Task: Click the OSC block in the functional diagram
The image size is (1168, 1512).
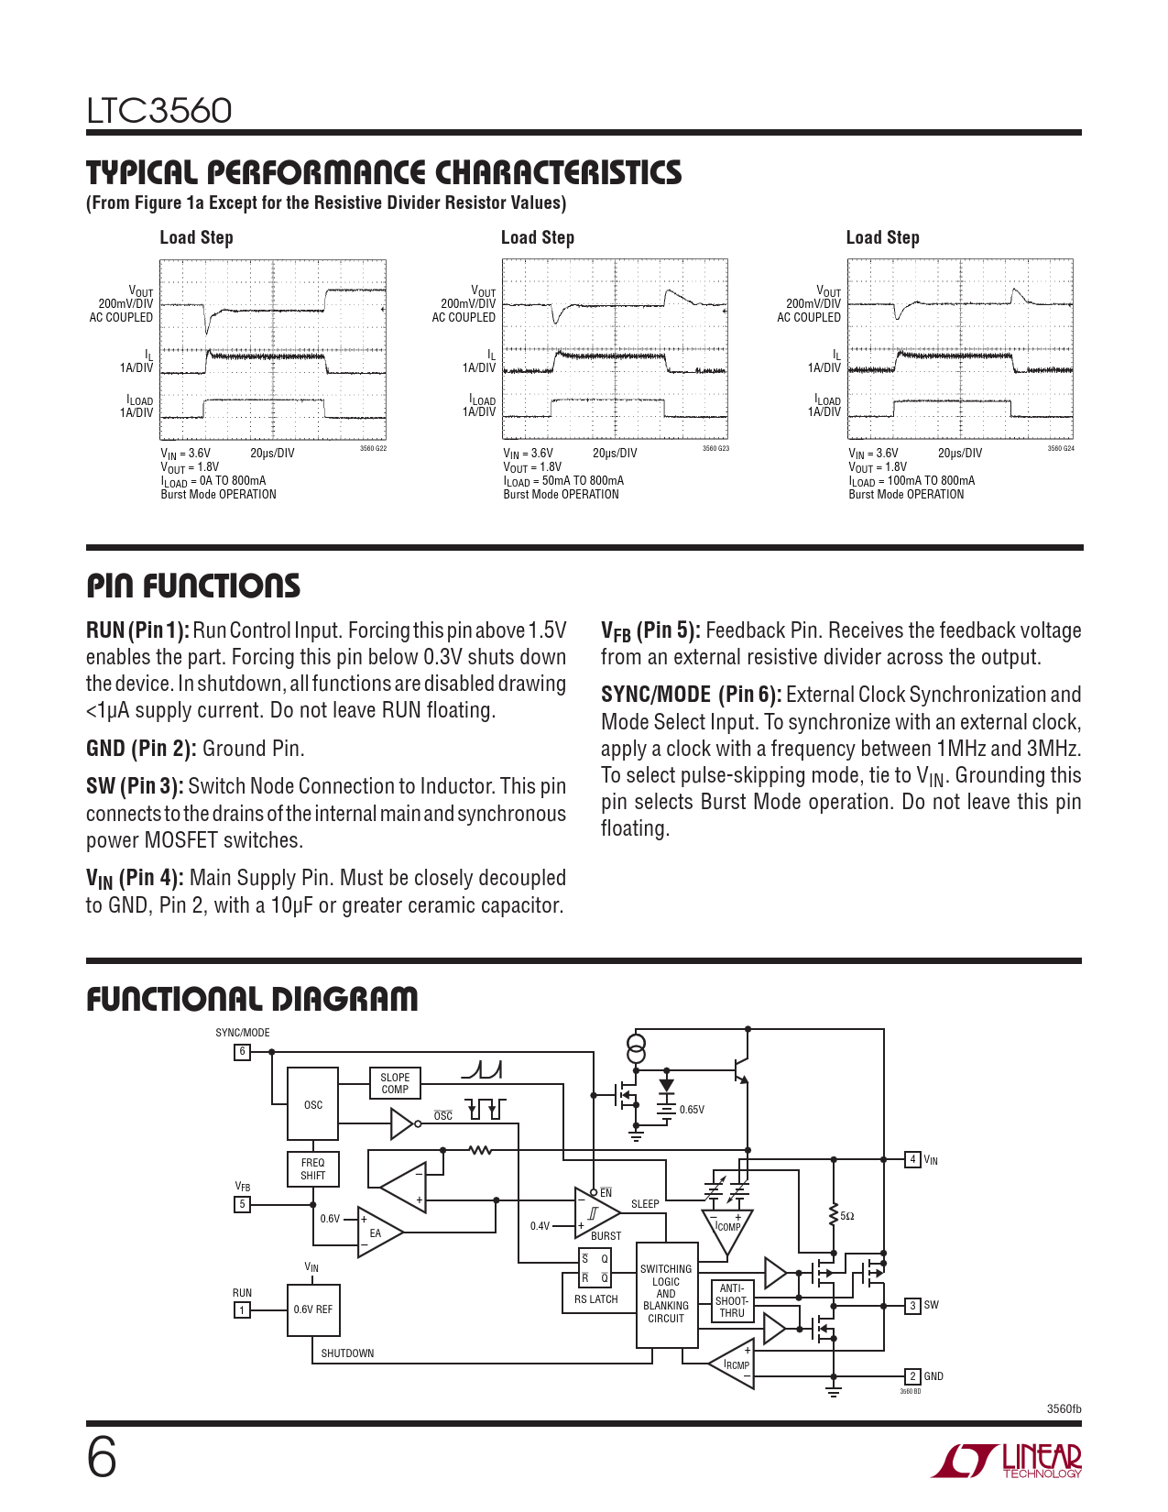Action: [x=313, y=1104]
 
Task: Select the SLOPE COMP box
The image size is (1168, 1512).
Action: [x=395, y=1083]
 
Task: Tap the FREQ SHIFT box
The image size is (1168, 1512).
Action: [x=313, y=1168]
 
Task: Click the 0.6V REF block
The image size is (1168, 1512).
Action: [x=313, y=1309]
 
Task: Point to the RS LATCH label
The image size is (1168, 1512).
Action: [x=596, y=1299]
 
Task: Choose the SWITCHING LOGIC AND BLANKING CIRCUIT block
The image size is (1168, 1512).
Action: [x=666, y=1294]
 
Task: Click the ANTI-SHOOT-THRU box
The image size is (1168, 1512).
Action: [x=732, y=1300]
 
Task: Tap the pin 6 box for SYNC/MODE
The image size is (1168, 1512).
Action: [x=243, y=1052]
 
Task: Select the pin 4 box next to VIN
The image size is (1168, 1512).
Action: [x=912, y=1160]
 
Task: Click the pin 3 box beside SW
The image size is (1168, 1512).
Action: [x=912, y=1305]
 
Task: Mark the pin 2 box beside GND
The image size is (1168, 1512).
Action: [x=912, y=1376]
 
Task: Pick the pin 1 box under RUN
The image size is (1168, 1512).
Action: [x=243, y=1310]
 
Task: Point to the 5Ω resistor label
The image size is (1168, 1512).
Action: [x=847, y=1216]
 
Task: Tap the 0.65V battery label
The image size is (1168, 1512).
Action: [x=693, y=1110]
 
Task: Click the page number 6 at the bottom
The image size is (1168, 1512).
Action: [x=102, y=1458]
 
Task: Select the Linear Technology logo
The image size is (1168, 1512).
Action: [x=1007, y=1461]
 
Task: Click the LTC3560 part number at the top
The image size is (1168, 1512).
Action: [x=159, y=111]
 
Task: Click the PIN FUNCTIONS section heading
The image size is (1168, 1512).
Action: [x=193, y=586]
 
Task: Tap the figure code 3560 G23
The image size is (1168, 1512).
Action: [x=715, y=449]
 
